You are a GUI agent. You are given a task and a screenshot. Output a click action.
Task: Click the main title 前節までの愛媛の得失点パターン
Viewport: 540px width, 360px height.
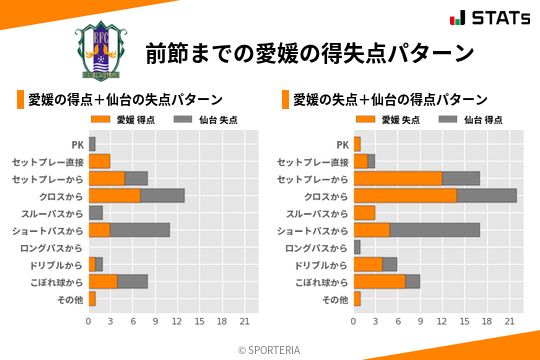[x=308, y=52]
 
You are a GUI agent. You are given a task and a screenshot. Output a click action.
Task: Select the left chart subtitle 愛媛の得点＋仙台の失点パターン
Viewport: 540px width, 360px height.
[x=125, y=100]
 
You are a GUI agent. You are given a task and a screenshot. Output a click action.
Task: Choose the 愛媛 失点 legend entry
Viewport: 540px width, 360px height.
[x=389, y=120]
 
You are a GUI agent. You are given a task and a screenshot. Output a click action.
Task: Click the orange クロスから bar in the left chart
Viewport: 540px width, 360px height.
[x=114, y=195]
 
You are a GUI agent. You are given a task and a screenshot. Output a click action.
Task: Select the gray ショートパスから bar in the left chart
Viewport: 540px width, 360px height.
[x=140, y=230]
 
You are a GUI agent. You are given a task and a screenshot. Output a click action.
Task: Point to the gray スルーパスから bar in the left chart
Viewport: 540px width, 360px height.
[x=96, y=213]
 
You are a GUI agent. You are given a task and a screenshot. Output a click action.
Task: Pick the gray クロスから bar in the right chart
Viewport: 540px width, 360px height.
[x=487, y=195]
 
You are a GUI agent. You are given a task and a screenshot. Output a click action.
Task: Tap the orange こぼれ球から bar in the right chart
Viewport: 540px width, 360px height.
[x=379, y=281]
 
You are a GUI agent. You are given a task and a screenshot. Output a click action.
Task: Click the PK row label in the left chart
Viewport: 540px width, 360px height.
[x=77, y=144]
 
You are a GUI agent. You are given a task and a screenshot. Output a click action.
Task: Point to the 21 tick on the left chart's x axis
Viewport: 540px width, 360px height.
[x=244, y=321]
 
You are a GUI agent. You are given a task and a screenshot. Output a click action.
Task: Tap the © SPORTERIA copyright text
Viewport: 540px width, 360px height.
[x=270, y=349]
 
